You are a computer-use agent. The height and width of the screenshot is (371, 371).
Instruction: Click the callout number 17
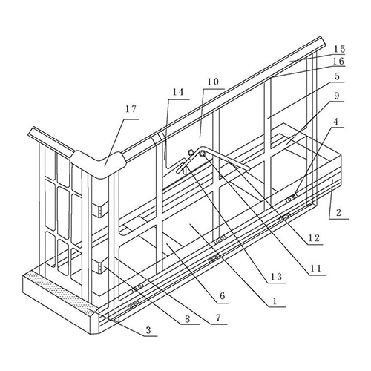point(131,109)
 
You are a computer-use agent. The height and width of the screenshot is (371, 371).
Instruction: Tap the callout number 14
point(178,92)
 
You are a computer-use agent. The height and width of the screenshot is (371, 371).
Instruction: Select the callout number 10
point(213,82)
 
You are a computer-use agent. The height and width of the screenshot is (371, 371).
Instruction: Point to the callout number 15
point(339,49)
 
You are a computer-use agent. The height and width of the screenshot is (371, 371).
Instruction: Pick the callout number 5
point(337,76)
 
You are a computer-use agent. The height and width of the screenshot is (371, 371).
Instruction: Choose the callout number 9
point(337,96)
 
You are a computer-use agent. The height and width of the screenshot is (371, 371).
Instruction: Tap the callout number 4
point(335,122)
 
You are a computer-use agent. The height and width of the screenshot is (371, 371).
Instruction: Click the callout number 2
point(338,212)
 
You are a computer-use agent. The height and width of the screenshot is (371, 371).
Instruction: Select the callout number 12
point(314,238)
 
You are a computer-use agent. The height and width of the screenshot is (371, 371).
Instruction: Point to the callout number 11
point(315,269)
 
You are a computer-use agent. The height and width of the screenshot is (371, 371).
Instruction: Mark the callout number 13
point(276,276)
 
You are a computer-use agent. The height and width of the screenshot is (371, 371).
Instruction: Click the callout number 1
point(274,301)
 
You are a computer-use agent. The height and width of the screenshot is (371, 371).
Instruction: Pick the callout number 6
point(222,296)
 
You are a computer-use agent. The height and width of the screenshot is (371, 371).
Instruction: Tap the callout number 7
point(218,318)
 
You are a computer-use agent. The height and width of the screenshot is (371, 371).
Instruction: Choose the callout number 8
point(187,319)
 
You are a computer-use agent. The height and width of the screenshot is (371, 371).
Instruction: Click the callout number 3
point(148,330)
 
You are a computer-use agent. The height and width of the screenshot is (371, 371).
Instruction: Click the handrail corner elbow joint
point(99,165)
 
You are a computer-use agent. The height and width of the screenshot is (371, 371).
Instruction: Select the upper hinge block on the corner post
point(100,210)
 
